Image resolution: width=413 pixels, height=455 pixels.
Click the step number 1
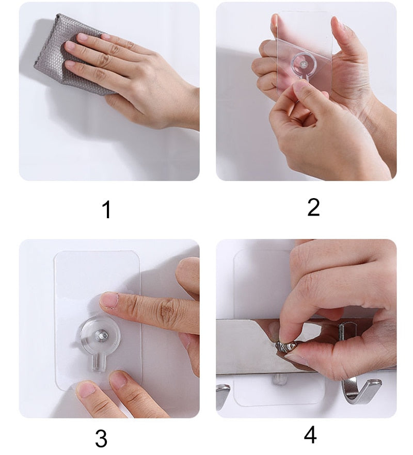tap(106, 210)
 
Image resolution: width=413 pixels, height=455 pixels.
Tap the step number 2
tap(313, 207)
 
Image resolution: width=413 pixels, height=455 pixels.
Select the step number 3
tap(101, 438)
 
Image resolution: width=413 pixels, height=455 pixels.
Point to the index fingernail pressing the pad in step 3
tap(109, 300)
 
